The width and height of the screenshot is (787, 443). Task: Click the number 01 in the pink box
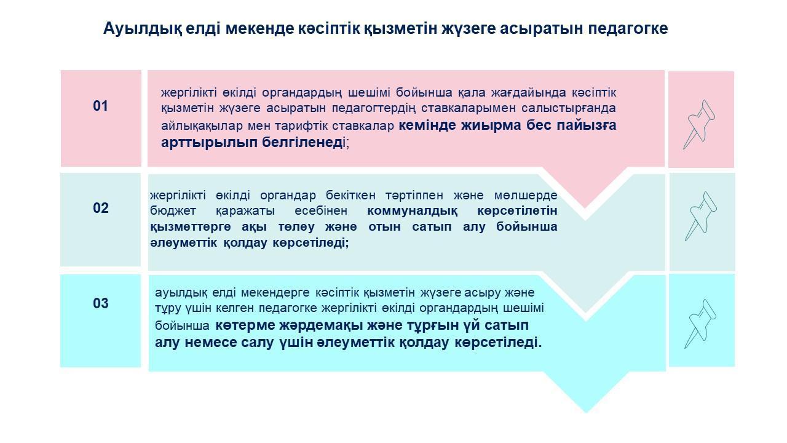(x=100, y=106)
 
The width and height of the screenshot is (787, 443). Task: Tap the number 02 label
(x=101, y=208)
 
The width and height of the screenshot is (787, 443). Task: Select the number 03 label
(x=101, y=303)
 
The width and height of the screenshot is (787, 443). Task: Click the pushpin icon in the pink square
(x=699, y=124)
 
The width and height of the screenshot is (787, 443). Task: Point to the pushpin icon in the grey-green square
(x=701, y=216)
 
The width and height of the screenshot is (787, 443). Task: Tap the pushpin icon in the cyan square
(x=700, y=324)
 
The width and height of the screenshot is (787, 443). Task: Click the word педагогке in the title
(x=628, y=29)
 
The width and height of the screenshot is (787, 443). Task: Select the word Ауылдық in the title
(x=143, y=29)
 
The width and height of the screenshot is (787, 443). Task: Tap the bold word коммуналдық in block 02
(x=413, y=211)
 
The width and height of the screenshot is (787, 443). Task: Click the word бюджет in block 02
(x=173, y=211)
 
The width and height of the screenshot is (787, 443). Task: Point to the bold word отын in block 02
(x=384, y=227)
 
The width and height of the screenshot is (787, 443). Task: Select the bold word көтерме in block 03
(x=245, y=325)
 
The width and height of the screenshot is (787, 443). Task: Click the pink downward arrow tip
(x=585, y=207)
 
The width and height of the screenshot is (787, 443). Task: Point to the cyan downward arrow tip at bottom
(x=586, y=412)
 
